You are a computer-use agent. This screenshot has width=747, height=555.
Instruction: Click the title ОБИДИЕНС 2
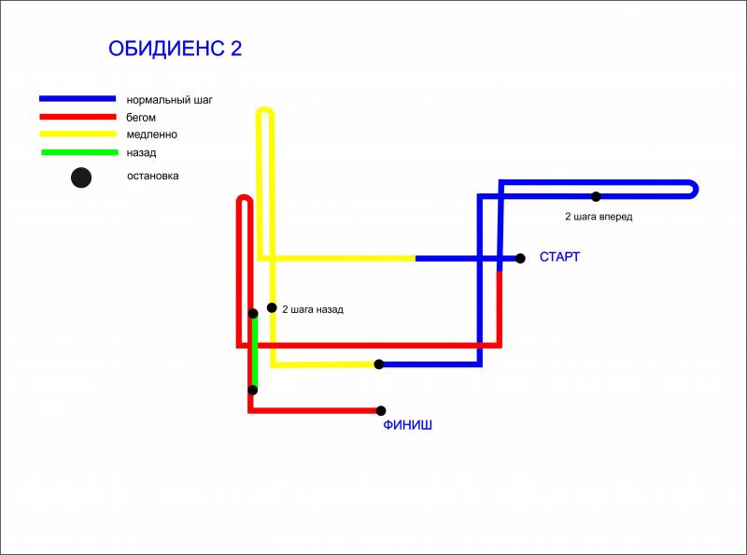[175, 49]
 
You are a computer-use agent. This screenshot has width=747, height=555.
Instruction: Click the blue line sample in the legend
[78, 99]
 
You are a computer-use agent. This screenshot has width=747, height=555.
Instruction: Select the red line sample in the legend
[78, 117]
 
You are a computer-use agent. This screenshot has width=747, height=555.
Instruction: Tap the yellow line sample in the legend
[78, 134]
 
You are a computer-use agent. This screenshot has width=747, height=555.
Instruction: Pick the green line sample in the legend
[79, 152]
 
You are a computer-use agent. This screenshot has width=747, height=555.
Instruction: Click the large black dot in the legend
[81, 178]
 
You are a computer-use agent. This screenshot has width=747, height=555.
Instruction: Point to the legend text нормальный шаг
[169, 100]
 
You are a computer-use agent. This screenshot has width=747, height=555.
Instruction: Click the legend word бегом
[141, 118]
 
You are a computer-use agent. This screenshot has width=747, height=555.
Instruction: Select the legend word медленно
[152, 135]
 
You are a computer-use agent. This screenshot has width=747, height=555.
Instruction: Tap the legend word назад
[141, 153]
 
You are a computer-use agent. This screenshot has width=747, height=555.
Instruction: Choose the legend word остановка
[153, 176]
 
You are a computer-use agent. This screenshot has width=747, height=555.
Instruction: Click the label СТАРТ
[559, 257]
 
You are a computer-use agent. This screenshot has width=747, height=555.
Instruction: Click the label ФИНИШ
[408, 425]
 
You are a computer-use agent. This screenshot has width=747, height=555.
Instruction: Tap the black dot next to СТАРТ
[520, 259]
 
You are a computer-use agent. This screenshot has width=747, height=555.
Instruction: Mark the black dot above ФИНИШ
[381, 410]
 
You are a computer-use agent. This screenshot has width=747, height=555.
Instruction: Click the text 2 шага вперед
[599, 217]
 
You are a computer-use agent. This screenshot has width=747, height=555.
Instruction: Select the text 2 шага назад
[313, 309]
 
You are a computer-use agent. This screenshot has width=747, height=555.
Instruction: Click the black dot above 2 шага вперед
[596, 196]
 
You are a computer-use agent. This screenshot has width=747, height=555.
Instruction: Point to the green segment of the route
[255, 352]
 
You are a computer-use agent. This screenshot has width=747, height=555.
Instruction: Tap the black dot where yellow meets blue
[379, 364]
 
